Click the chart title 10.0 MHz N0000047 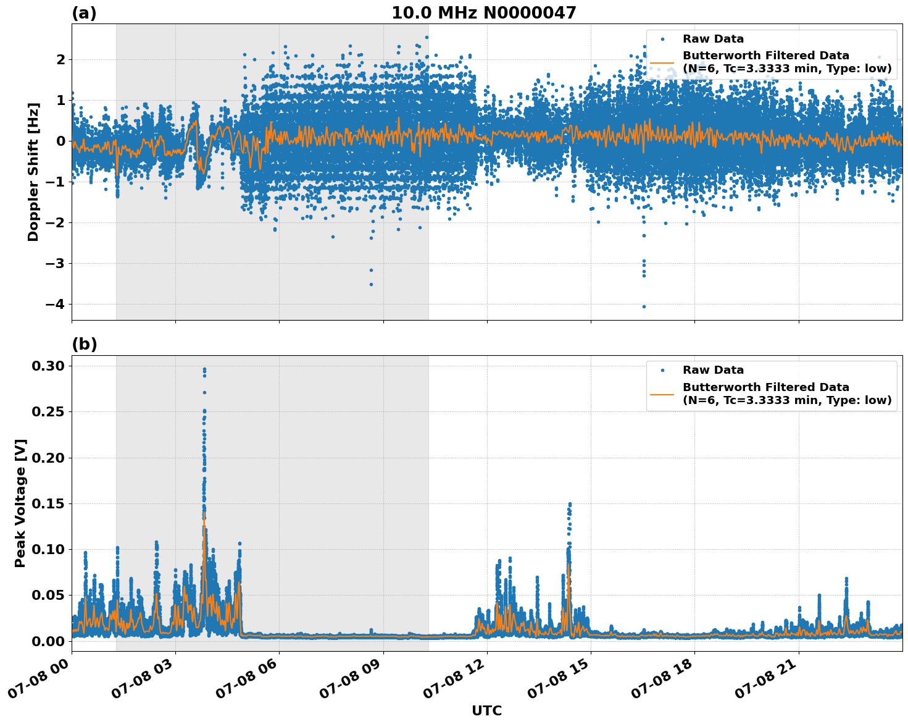click(x=483, y=13)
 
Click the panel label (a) click(x=84, y=13)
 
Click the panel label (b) click(x=84, y=344)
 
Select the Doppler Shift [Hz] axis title click(x=33, y=172)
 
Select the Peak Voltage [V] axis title click(x=20, y=503)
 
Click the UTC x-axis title click(x=486, y=710)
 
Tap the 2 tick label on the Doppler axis click(x=60, y=60)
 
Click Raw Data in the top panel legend click(x=713, y=39)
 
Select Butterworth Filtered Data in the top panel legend click(x=765, y=56)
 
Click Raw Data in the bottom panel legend click(x=713, y=370)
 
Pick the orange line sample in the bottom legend click(x=662, y=394)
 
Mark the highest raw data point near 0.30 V click(x=204, y=369)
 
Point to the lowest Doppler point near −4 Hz click(x=644, y=306)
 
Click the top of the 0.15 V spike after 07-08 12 click(x=570, y=504)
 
